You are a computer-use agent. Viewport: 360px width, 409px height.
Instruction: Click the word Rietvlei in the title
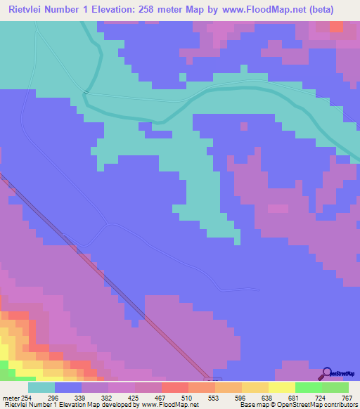click(x=28, y=9)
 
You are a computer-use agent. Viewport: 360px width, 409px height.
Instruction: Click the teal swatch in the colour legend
click(x=41, y=387)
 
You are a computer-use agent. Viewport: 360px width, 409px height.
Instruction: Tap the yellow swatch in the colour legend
click(x=281, y=387)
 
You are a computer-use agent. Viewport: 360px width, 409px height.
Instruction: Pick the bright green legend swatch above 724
click(x=308, y=387)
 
